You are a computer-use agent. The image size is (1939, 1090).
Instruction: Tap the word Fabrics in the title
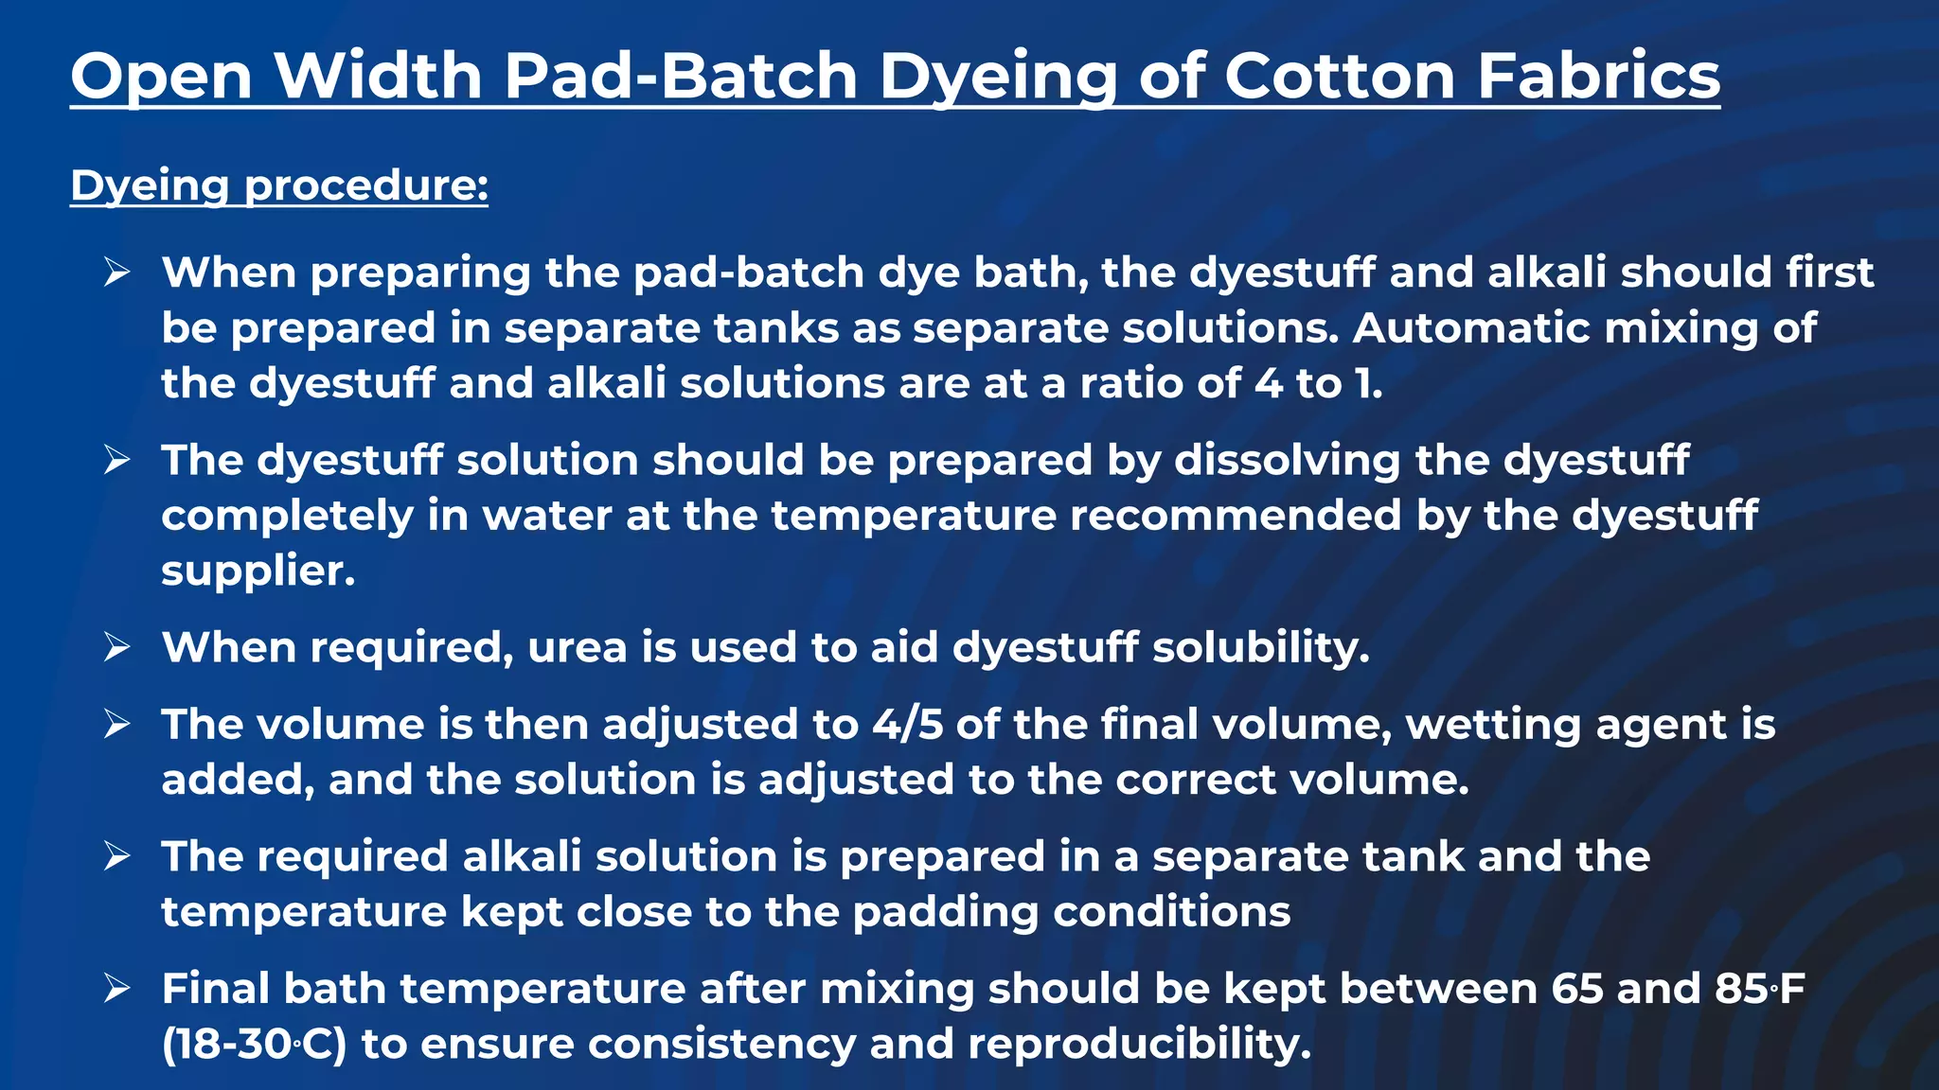[x=1598, y=76]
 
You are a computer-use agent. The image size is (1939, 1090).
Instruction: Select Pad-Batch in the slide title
[x=680, y=76]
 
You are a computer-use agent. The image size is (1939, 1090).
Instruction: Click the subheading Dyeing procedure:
[x=279, y=185]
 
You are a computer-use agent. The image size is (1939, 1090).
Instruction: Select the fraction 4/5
[x=907, y=725]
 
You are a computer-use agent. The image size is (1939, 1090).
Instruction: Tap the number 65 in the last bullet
[x=1577, y=989]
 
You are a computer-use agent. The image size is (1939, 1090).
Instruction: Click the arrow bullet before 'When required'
[x=117, y=648]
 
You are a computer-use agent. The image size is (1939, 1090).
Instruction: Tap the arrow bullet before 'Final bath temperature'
[x=117, y=989]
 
